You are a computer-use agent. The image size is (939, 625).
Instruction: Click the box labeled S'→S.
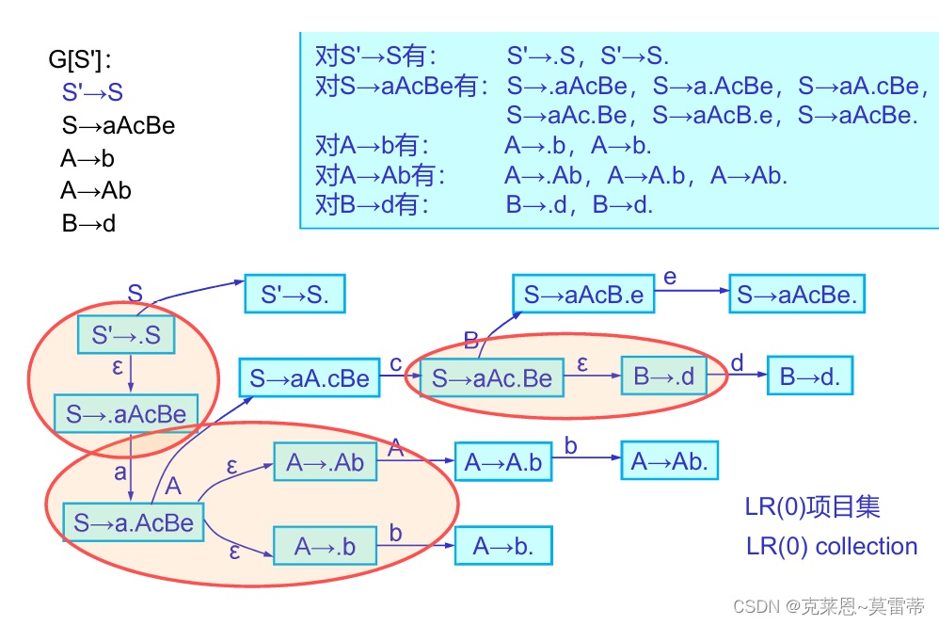294,295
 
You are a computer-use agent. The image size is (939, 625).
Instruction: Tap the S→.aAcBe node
126,414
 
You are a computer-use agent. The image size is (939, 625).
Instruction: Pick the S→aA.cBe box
310,378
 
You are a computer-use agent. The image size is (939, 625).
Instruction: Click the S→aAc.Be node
491,378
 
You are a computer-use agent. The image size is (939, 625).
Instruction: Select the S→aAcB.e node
583,296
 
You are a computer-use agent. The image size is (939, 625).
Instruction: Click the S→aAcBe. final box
797,296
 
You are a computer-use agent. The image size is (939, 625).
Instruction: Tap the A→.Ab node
325,462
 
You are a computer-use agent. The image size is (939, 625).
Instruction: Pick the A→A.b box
503,462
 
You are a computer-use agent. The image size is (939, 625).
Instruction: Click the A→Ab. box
669,461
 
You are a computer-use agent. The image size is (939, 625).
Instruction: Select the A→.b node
325,547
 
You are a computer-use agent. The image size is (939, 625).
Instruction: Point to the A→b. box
502,546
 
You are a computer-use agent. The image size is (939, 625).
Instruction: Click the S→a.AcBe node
133,523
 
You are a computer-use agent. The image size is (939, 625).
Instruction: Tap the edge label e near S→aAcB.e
670,277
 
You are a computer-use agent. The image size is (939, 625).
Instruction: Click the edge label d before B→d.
737,362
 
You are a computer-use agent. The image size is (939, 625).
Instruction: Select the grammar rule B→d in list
88,224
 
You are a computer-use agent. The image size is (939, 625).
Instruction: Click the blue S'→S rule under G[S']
92,92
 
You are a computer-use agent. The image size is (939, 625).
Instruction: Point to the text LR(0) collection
831,546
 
